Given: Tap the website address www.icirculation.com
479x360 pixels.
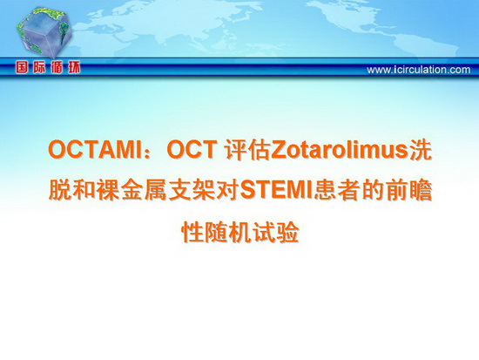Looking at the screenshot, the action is [x=419, y=70].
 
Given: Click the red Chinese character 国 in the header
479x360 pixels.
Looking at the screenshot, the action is [x=22, y=68].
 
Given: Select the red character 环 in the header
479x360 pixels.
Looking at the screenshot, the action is [x=74, y=68].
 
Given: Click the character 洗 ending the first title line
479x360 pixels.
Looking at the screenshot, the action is [x=421, y=150].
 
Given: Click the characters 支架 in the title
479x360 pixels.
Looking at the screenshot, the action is [x=191, y=191].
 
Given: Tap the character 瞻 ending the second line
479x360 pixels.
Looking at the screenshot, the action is [x=421, y=191].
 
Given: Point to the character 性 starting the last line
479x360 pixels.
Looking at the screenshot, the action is [x=192, y=233].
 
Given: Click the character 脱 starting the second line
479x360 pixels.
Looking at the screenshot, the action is [x=60, y=191].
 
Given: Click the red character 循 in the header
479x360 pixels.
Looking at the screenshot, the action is [x=57, y=68].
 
